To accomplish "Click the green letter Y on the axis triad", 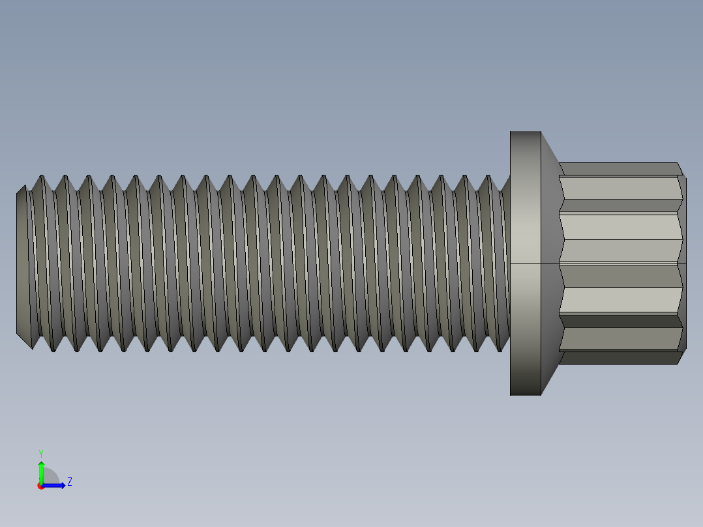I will pyautogui.click(x=40, y=453).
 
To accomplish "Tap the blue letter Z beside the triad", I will pyautogui.click(x=69, y=482).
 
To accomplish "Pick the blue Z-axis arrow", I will pyautogui.click(x=55, y=485).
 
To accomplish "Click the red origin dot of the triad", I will pyautogui.click(x=40, y=486).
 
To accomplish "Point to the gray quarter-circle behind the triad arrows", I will pyautogui.click(x=51, y=477).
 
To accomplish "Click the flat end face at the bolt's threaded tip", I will pyautogui.click(x=22, y=262).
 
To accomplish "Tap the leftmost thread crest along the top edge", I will pyautogui.click(x=42, y=177).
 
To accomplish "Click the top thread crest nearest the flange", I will pyautogui.click(x=488, y=177).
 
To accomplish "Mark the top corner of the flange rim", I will pyautogui.click(x=526, y=133).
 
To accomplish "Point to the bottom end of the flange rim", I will pyautogui.click(x=526, y=393).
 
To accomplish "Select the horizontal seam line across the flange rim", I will pyautogui.click(x=526, y=263).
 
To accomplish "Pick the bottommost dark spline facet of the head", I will pyautogui.click(x=620, y=357).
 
